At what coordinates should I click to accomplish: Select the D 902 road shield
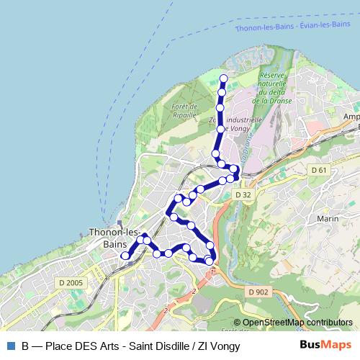tap(257, 292)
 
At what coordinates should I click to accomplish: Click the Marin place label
tap(327, 219)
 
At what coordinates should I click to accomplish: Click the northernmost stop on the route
tap(223, 78)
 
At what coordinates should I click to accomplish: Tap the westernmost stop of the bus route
tap(125, 255)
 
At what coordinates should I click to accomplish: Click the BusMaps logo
tap(325, 346)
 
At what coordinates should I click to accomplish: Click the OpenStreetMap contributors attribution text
tap(297, 322)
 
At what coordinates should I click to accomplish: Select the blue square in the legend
tap(10, 346)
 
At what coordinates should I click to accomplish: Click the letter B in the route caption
tap(25, 346)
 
